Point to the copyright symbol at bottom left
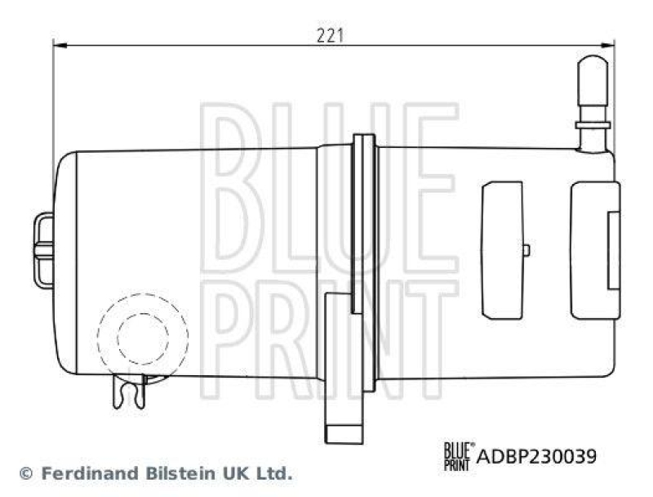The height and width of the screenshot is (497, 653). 24,473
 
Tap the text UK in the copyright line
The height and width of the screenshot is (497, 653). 224,473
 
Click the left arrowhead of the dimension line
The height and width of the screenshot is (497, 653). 57,47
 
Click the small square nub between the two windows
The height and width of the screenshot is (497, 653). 526,249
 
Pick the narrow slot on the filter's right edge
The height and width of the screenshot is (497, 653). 613,248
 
